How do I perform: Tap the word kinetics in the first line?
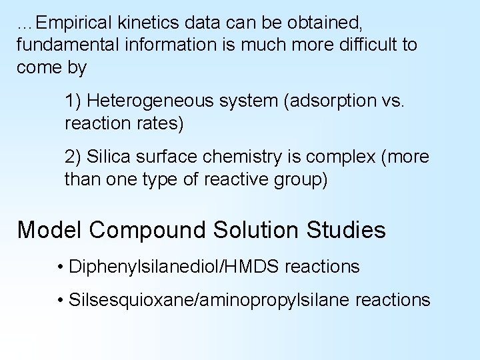click(x=156, y=24)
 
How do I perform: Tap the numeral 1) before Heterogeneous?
click(x=73, y=101)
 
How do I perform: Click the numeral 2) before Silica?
click(x=73, y=157)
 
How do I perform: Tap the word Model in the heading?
click(x=50, y=230)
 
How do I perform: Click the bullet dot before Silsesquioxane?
click(x=61, y=301)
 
